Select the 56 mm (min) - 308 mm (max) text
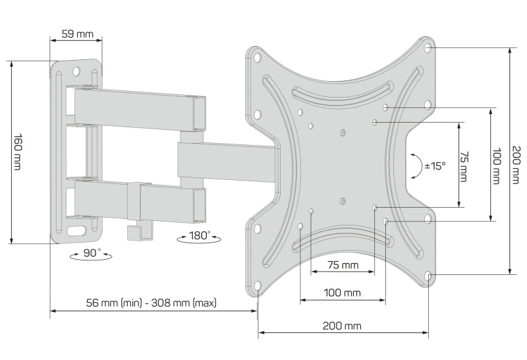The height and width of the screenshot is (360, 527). (x=152, y=303)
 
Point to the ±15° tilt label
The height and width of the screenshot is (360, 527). (x=435, y=166)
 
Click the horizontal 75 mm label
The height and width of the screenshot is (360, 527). (x=343, y=265)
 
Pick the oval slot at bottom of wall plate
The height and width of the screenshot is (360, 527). (x=78, y=231)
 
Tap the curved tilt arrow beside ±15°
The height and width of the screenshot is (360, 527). (x=416, y=166)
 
